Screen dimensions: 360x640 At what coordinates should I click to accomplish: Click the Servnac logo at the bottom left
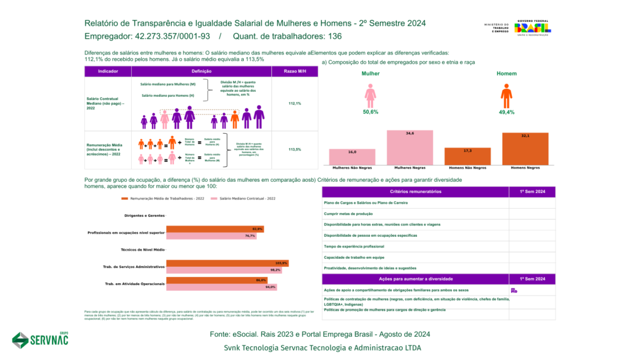point(41,339)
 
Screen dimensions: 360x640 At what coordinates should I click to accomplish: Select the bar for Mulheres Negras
point(410,147)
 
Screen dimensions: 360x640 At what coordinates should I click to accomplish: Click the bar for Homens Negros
point(525,149)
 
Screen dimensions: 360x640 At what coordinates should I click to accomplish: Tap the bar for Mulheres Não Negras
point(352,157)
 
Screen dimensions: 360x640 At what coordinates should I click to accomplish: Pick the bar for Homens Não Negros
point(467,156)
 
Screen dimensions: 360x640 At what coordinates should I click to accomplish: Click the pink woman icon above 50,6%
point(370,97)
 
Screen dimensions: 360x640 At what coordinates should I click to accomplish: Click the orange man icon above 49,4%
point(506,97)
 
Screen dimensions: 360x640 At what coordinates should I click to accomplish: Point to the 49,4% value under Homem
point(506,112)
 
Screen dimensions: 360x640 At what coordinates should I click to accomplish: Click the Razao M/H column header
point(295,72)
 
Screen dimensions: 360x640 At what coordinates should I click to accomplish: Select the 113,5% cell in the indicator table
point(295,150)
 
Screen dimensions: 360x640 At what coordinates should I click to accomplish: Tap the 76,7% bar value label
point(250,236)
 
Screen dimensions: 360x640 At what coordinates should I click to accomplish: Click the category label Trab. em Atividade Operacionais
point(134,284)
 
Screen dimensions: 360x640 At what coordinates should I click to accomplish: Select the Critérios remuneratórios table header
point(416,192)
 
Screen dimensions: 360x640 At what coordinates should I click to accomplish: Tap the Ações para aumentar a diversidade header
point(416,279)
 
